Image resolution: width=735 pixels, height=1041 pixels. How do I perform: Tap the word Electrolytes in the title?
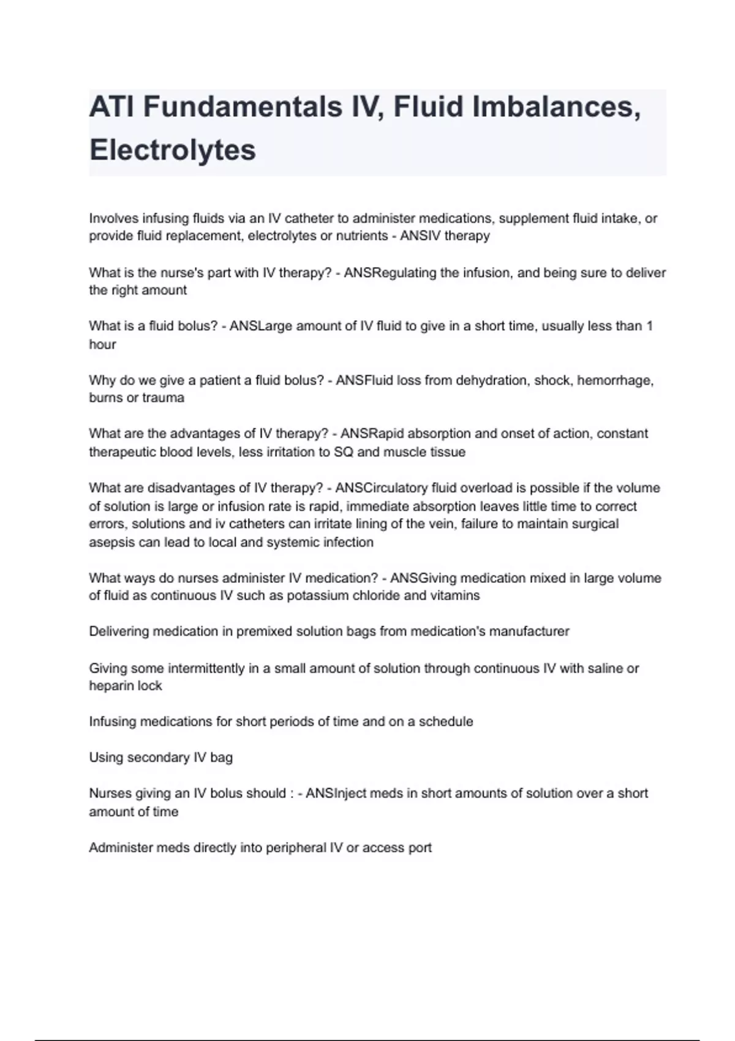point(173,150)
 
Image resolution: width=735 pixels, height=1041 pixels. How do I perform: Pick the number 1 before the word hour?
point(649,326)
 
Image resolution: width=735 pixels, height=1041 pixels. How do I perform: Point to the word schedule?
point(446,721)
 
